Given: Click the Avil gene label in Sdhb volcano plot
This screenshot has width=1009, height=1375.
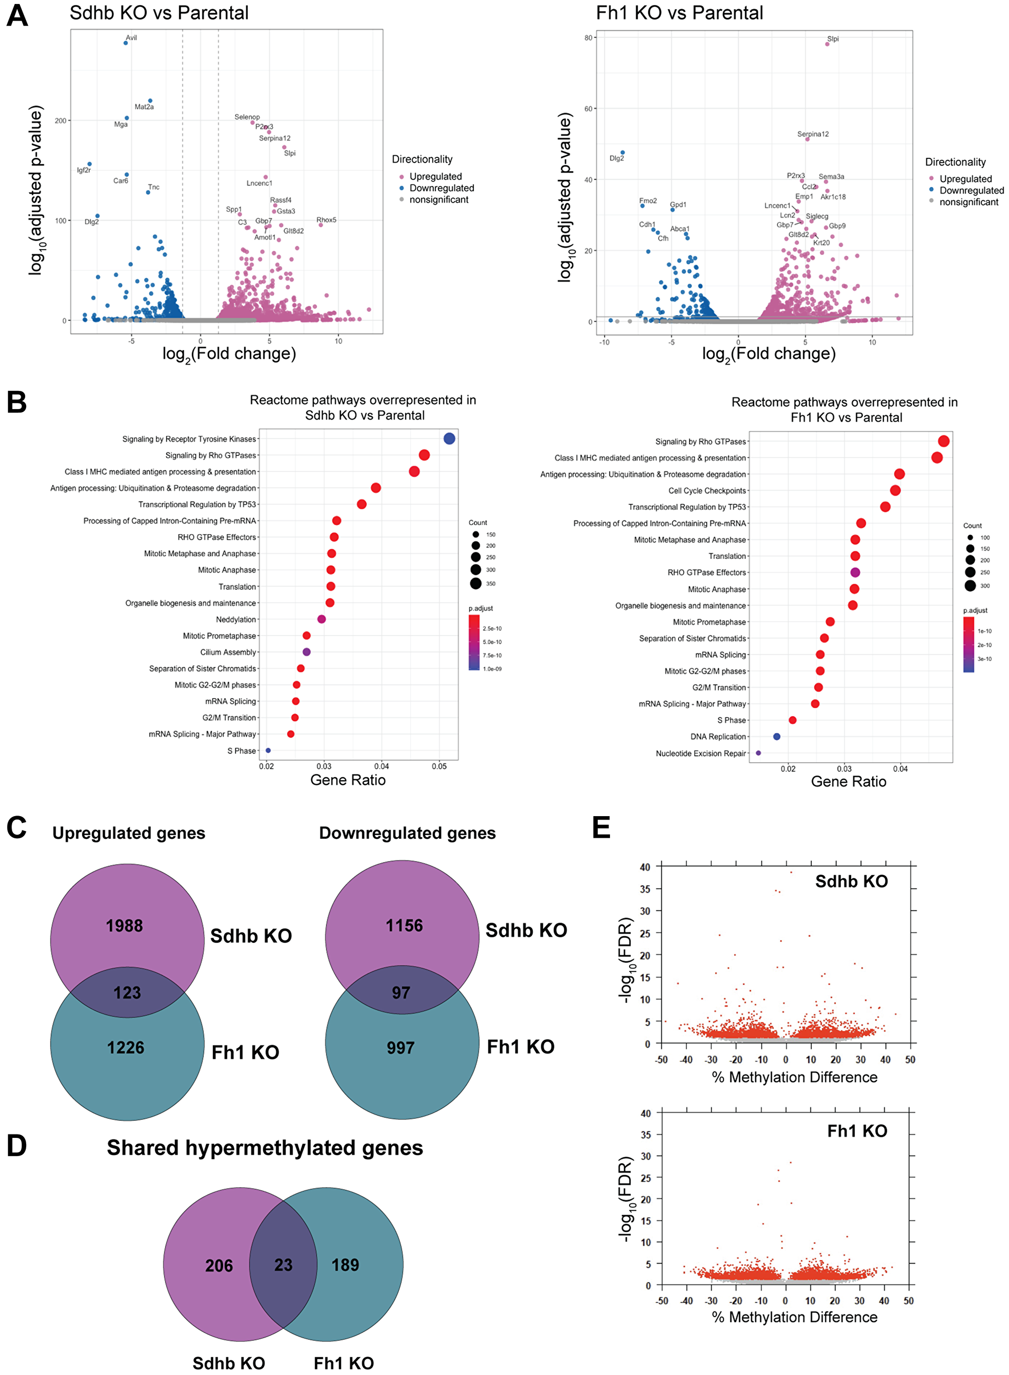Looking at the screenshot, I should coord(131,38).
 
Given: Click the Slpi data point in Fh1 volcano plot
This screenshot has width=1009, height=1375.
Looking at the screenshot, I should coord(827,44).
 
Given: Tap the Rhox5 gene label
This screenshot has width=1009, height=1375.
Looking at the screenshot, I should coord(326,220).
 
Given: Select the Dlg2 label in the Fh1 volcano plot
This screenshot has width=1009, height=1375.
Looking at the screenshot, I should coord(617,158).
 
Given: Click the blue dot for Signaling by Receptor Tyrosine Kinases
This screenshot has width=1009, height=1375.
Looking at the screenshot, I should coord(449,438).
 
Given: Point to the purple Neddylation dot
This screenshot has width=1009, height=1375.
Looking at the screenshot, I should coord(321,619).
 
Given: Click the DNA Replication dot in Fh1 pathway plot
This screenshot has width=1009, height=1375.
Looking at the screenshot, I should coord(776,736).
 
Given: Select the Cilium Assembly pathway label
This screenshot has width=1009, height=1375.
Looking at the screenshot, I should coord(228,652).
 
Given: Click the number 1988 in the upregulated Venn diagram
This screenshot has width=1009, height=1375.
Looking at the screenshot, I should coord(125,926).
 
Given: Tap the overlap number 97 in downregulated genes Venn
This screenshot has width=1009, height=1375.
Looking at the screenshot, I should coord(401,993).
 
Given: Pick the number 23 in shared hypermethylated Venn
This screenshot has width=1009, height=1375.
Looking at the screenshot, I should coord(284,1265).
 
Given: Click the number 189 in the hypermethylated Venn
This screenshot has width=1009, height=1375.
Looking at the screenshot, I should coord(345,1265).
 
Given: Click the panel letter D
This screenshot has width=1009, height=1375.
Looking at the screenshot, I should coord(17,1145).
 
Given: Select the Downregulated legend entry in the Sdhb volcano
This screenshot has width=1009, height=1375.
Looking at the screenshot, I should coord(441,188).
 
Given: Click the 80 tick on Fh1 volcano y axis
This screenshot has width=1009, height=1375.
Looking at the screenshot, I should coord(588,38).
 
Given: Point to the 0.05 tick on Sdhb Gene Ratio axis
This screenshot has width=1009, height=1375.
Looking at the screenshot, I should coord(439,766).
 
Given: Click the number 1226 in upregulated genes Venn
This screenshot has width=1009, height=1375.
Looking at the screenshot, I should coord(126,1048).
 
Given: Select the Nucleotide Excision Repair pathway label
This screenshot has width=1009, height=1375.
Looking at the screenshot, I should coord(701,754).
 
